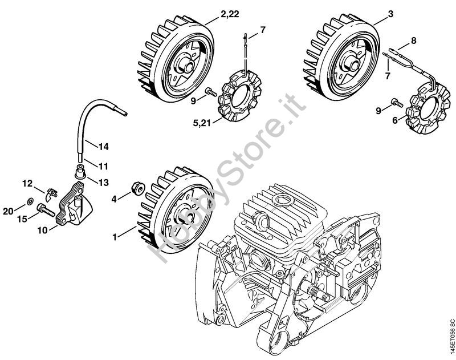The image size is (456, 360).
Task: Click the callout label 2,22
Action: [x=230, y=14]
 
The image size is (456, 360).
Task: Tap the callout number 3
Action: [x=390, y=14]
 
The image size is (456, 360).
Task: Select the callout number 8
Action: [x=413, y=40]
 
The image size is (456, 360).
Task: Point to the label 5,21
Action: [x=202, y=123]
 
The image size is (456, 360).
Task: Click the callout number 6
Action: [x=395, y=120]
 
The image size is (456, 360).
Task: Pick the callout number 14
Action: [x=103, y=147]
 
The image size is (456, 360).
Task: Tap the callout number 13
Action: [x=103, y=183]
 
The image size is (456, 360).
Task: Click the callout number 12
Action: [x=28, y=183]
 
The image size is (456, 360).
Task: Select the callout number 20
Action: [x=9, y=211]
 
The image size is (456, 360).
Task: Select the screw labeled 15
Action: [x=46, y=210]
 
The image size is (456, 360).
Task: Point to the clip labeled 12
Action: [x=51, y=193]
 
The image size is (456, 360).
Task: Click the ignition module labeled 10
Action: [x=75, y=207]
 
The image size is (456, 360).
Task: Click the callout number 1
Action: [x=115, y=237]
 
